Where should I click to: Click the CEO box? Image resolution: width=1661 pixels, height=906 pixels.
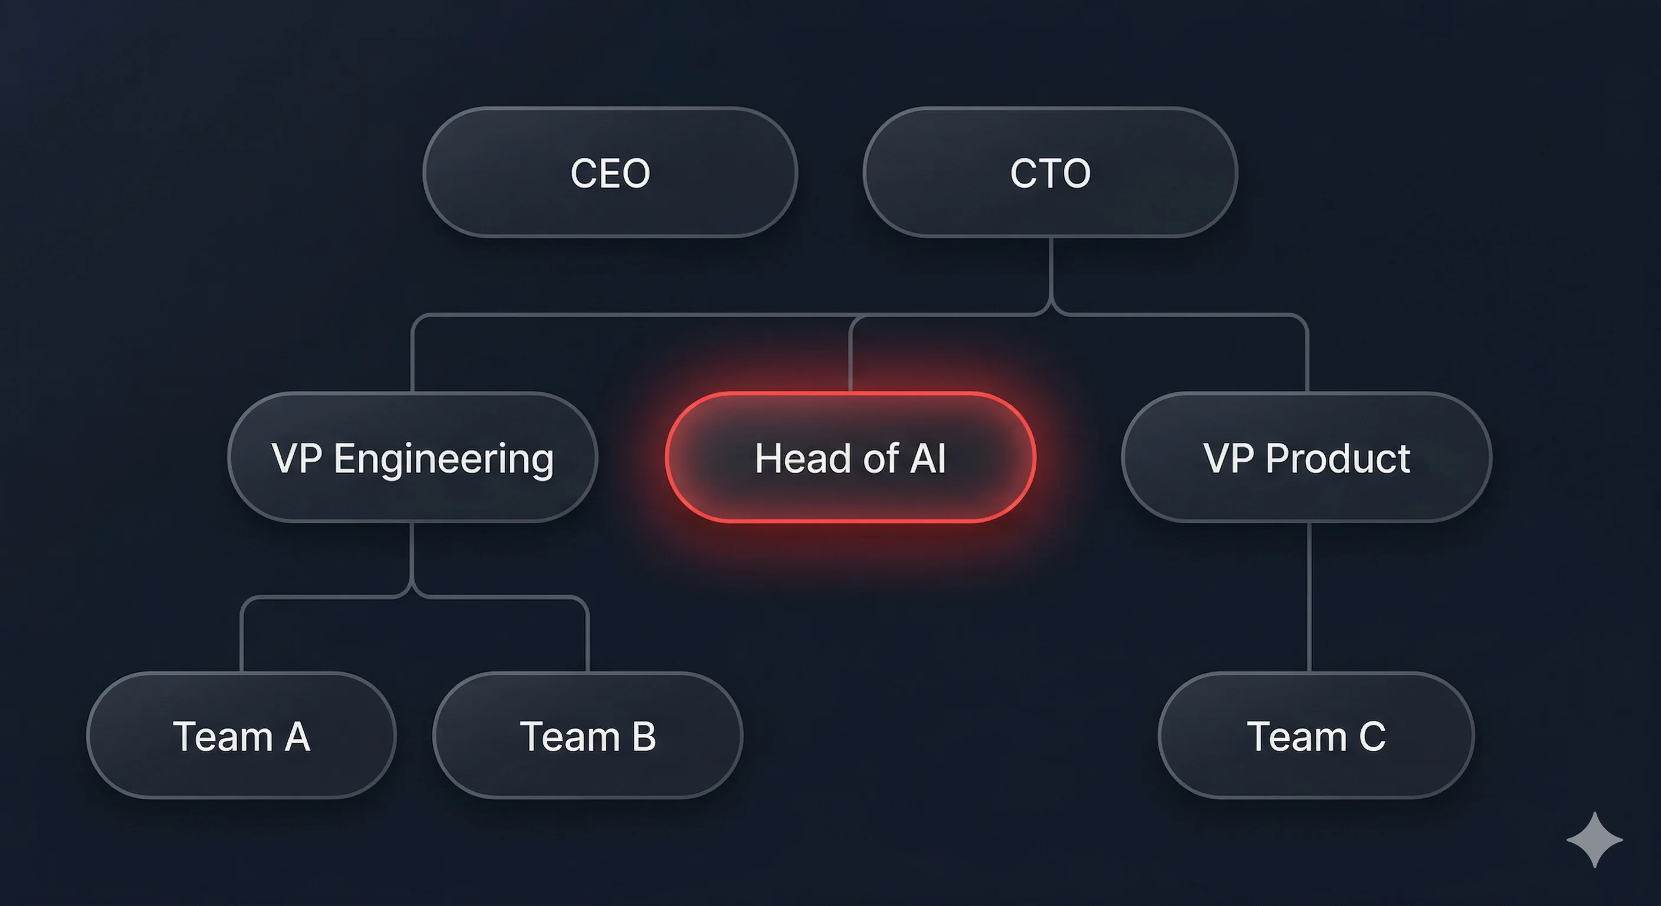click(610, 172)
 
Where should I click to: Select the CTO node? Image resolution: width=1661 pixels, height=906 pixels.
click(1050, 172)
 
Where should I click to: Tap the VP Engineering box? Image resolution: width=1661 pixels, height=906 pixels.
click(413, 457)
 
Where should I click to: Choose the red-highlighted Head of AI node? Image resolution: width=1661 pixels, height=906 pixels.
click(850, 457)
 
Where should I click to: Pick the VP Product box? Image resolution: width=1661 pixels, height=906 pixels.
click(1307, 457)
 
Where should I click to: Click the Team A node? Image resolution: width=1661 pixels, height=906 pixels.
click(241, 735)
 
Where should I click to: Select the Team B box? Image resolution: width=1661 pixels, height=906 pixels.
click(587, 735)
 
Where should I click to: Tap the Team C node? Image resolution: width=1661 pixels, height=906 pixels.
click(1316, 735)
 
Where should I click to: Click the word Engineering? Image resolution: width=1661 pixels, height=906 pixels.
click(444, 459)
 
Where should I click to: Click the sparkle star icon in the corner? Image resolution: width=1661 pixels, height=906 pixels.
click(1594, 839)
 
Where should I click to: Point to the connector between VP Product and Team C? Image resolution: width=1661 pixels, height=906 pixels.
click(1309, 596)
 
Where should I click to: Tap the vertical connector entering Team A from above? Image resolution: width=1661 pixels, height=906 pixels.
click(241, 638)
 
